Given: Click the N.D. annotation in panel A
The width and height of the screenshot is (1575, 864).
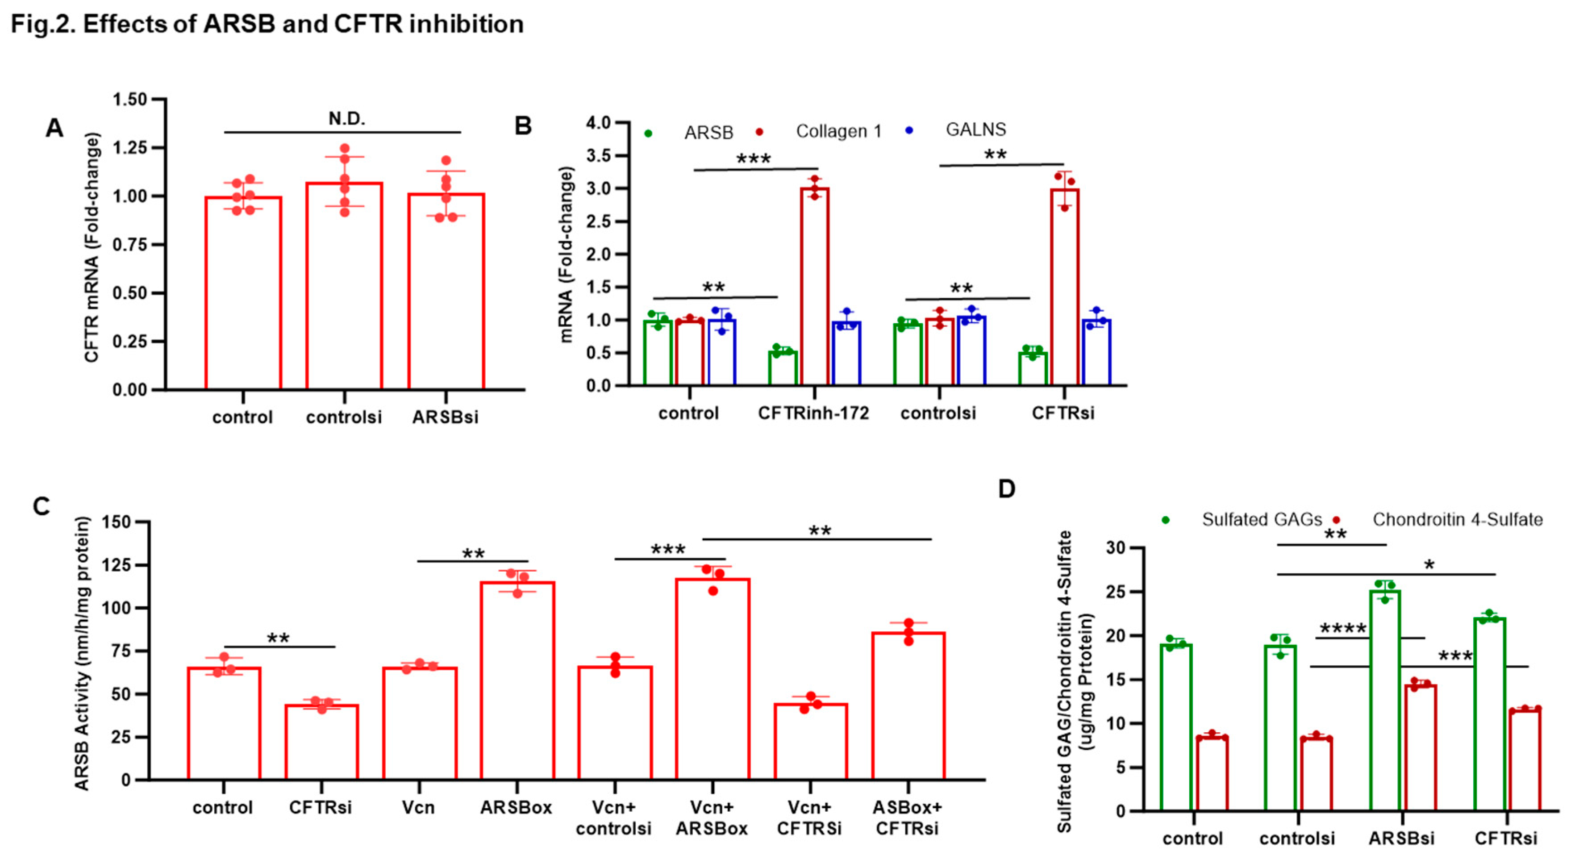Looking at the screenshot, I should [x=347, y=119].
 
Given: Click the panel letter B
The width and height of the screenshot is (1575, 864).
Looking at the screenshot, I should [x=523, y=126].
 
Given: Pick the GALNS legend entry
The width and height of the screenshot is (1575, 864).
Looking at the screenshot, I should [x=975, y=129].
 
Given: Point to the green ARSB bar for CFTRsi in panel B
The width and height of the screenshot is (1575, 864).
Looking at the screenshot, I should [x=1033, y=369].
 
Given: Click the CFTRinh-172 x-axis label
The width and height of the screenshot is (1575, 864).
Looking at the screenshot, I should [x=813, y=413].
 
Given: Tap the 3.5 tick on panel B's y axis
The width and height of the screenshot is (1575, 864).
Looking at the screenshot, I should [x=598, y=156].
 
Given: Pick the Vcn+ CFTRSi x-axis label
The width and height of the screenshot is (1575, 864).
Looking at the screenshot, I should [x=809, y=818].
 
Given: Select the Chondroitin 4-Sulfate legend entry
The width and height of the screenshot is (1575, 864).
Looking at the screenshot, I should [x=1457, y=520].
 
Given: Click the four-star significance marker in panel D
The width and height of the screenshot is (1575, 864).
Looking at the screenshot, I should [x=1343, y=629].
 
